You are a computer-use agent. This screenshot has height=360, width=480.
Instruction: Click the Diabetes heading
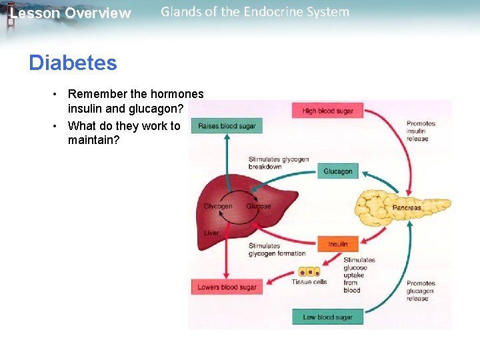coord(73,63)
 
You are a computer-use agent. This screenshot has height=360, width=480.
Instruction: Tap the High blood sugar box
coord(327,111)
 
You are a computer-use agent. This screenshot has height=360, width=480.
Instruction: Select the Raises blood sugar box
coord(227,126)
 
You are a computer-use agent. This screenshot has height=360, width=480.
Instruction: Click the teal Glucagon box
coord(337,171)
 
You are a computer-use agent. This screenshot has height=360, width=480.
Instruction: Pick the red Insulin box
coord(337,244)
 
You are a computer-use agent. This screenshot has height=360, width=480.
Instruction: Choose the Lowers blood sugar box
coord(227,287)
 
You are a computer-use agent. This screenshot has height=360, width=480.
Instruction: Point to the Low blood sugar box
coord(327,317)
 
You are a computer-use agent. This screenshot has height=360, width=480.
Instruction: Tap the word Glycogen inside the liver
coord(218,206)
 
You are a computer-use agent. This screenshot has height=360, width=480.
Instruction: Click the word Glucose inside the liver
coord(258,206)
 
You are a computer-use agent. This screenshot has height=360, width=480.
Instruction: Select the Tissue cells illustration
coord(309,272)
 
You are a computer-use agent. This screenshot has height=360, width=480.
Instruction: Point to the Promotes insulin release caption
coord(421,131)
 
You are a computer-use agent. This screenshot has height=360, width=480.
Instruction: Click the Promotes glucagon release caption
coord(421,291)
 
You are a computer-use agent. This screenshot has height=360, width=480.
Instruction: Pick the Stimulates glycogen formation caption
coord(277,249)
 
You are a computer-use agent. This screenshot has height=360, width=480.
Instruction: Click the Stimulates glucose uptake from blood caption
coord(359,275)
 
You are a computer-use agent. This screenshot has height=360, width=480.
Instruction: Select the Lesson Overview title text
coord(71,13)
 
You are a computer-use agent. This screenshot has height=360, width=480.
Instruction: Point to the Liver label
coord(211,233)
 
